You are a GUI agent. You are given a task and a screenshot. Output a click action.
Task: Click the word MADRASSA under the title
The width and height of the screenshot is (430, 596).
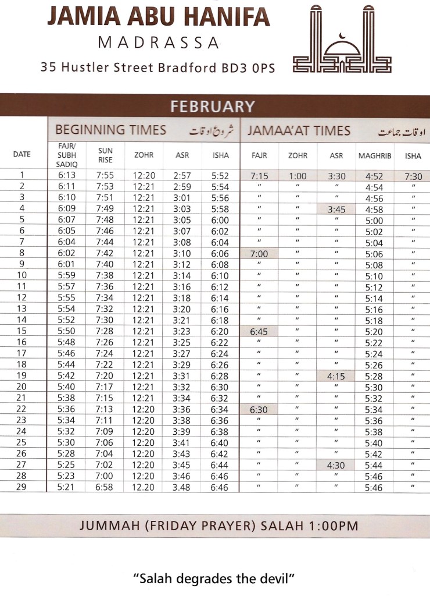click(158, 42)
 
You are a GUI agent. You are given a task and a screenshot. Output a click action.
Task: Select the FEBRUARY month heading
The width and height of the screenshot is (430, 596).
click(212, 107)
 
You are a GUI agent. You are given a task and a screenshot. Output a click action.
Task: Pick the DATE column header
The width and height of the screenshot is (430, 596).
click(22, 155)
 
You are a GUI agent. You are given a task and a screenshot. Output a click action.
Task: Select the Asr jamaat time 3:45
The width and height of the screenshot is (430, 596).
click(336, 209)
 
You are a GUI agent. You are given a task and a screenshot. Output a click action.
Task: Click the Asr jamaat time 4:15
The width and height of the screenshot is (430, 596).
click(336, 376)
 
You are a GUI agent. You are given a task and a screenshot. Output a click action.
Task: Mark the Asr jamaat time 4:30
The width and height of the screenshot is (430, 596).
click(336, 464)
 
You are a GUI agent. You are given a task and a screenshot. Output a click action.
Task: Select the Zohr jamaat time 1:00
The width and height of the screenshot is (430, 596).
click(298, 176)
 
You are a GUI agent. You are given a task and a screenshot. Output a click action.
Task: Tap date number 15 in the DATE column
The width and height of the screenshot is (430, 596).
click(22, 331)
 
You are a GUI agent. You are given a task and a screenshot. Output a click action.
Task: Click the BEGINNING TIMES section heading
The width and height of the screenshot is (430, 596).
click(110, 130)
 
